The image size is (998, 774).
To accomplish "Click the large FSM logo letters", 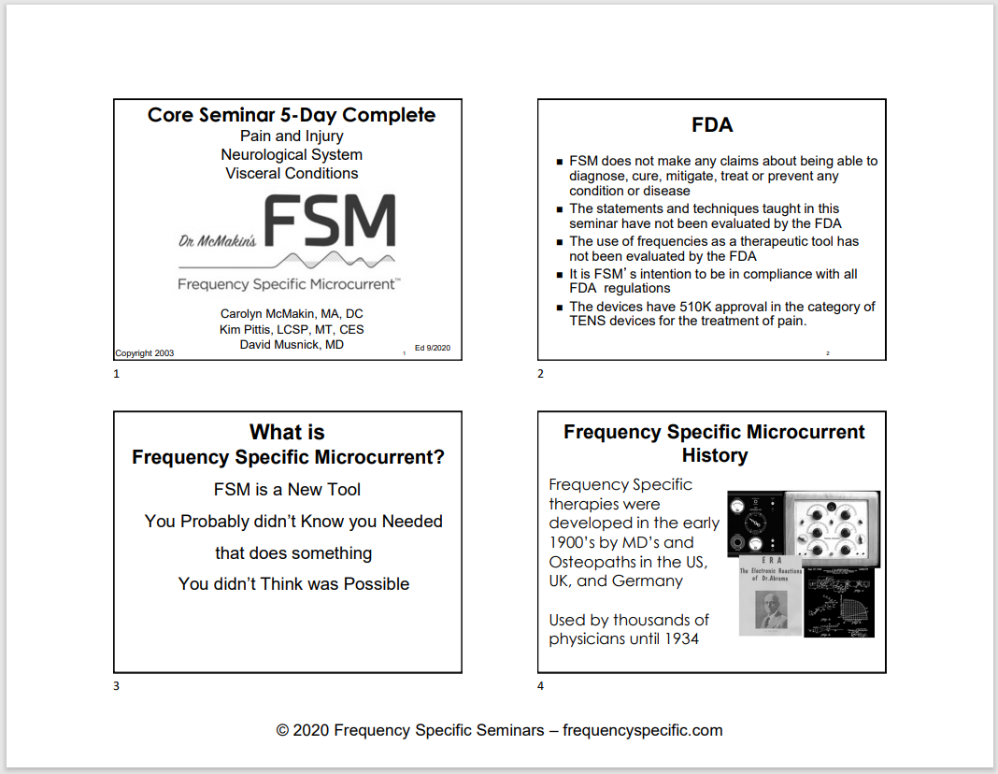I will pos(330,222).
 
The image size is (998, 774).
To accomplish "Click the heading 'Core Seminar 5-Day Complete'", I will pos(291,115).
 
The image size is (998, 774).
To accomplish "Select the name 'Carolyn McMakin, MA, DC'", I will pos(292,313).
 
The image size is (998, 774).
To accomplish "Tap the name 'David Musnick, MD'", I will pos(292,345).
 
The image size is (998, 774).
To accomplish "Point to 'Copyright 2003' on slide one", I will pos(144,353).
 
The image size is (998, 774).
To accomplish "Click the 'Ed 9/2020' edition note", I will pos(433,349).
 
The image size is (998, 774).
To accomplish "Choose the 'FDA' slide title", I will pos(712,125).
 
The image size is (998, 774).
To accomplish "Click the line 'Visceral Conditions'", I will pos(292,173).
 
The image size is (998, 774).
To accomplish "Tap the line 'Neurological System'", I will pos(292,154).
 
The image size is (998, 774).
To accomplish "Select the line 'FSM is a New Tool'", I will pos(287,489).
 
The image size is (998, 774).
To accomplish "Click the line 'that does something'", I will pos(293,552).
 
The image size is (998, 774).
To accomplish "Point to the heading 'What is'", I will pos(287,432).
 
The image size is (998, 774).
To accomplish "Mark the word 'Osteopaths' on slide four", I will pos(591,562).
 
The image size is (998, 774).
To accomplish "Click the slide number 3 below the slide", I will pos(116,686).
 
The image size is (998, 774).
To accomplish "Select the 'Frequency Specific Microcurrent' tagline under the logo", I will pos(288,283).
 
